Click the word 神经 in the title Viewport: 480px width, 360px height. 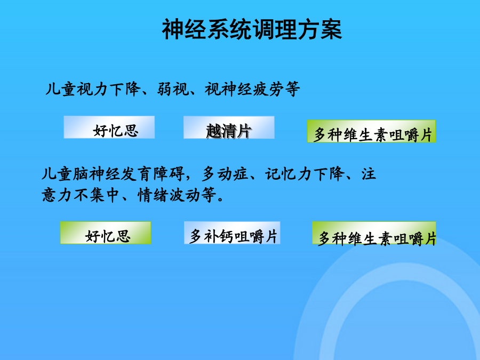tap(185, 29)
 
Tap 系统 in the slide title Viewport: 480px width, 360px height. tap(229, 29)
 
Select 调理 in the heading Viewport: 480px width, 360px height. tap(275, 29)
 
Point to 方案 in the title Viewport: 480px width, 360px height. tap(319, 29)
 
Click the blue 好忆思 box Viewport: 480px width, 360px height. tap(109, 127)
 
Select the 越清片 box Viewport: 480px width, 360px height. tap(229, 127)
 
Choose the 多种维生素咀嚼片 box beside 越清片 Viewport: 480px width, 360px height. tap(371, 131)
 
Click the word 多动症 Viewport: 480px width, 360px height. tap(225, 174)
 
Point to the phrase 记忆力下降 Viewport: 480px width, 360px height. tap(305, 174)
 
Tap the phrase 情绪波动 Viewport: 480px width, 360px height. tap(169, 195)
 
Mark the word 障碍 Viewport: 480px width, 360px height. tap(169, 174)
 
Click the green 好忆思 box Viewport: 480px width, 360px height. tap(106, 233)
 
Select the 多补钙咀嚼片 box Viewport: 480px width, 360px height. tap(232, 233)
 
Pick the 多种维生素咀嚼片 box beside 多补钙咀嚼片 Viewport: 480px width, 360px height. tap(374, 233)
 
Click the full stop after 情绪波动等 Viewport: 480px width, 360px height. tap(220, 199)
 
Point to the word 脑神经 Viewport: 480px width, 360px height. tap(97, 174)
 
